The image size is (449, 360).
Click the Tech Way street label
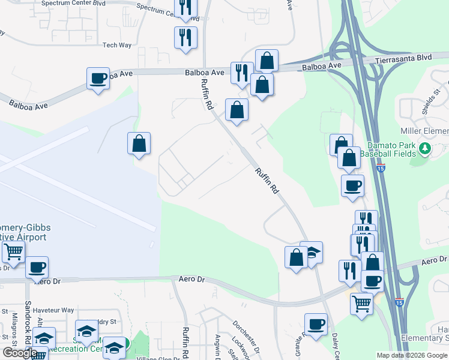117,45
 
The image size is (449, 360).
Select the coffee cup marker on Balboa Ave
98,79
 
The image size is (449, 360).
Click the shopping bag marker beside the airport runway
139,143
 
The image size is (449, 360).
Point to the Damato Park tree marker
425,147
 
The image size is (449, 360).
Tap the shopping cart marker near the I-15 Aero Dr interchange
361,304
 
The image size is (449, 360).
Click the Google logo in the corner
20,353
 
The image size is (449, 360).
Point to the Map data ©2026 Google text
411,355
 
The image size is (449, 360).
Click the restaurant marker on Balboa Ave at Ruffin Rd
242,73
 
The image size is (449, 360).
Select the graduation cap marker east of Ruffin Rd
311,253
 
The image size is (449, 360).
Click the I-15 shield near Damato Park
381,169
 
